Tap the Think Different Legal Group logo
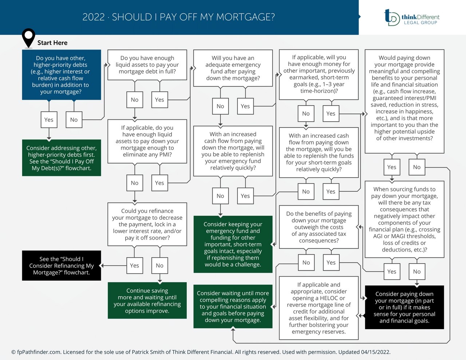point(412,17)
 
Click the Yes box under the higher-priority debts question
point(49,120)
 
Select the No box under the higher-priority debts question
point(74,120)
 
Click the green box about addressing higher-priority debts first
point(61,158)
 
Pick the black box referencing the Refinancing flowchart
point(61,266)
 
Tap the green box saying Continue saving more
point(147,301)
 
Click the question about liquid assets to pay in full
point(147,65)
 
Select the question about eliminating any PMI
point(147,141)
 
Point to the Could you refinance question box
point(147,224)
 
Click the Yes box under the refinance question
point(135,266)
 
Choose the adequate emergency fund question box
point(233,68)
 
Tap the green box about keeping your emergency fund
point(233,244)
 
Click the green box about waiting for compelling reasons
point(233,306)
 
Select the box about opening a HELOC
point(319,308)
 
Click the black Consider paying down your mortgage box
point(404,307)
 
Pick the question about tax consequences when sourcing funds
point(404,219)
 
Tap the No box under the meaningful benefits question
point(417,167)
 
